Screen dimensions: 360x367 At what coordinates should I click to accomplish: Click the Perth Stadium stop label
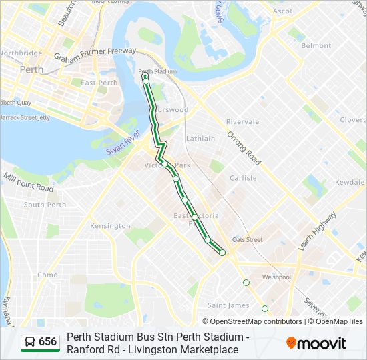pos(157,71)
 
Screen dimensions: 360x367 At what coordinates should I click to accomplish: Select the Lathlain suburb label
pos(200,139)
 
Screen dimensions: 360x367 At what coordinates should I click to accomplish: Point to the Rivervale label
pos(242,122)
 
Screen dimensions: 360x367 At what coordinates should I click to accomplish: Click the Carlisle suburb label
pos(243,178)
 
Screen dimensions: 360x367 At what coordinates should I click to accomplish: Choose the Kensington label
pos(111,226)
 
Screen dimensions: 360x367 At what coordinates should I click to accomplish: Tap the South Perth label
pos(45,205)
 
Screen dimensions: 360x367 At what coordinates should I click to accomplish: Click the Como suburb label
pos(47,275)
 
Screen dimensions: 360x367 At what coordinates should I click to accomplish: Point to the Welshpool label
pos(276,277)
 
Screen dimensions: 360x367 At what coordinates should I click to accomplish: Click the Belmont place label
pos(316,46)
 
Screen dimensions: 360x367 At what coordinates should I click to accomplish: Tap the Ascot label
pos(283,11)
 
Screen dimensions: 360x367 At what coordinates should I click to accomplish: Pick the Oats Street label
pos(247,239)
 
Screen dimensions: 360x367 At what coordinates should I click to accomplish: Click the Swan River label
pos(124,147)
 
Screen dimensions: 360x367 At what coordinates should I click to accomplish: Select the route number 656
pos(48,342)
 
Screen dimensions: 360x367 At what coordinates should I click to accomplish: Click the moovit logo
pos(316,343)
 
